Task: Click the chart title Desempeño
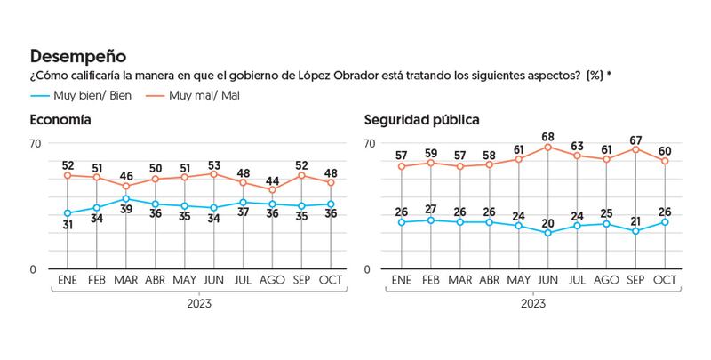[78, 58]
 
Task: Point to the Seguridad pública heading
[422, 119]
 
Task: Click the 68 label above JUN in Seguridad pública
[550, 136]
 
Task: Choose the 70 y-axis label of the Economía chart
[36, 145]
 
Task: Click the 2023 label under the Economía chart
[199, 304]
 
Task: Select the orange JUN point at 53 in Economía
[213, 173]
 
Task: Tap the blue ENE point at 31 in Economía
[68, 213]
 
